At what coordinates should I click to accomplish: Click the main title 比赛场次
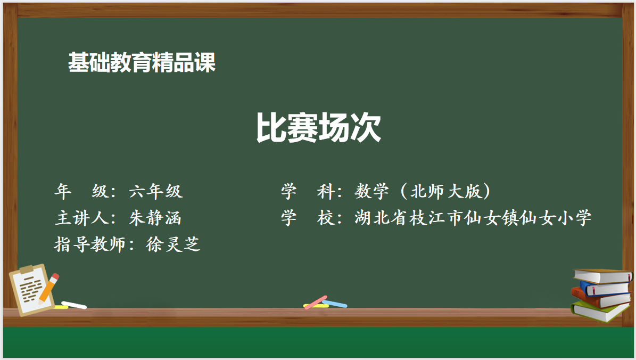318,127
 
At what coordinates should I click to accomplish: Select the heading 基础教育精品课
142,62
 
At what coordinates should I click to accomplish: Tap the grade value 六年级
156,191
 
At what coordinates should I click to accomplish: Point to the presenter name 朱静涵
155,218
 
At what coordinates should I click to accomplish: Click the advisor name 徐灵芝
173,244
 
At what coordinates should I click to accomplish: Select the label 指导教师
89,244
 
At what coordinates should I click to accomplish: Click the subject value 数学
371,191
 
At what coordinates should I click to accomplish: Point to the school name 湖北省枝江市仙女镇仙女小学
473,218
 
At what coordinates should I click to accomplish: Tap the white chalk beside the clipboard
74,305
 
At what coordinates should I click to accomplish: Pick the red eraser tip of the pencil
55,277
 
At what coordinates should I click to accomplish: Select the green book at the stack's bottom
601,312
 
